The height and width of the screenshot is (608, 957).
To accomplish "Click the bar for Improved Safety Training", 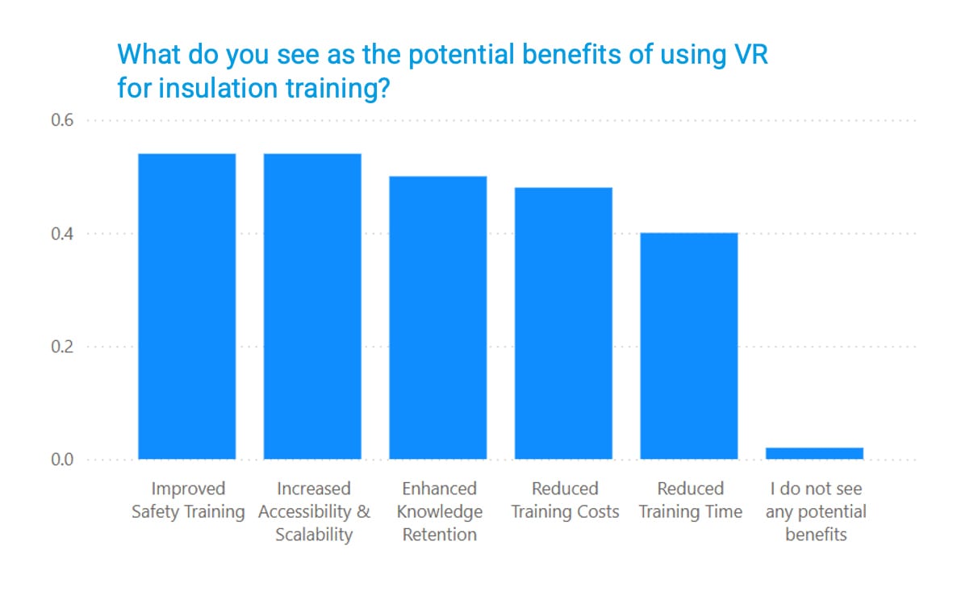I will [187, 306].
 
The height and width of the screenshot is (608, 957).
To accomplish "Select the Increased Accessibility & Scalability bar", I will [312, 306].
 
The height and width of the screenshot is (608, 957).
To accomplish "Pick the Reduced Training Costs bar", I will [563, 323].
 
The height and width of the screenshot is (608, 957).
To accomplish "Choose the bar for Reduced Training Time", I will [689, 346].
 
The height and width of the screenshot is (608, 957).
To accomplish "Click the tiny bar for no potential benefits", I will [814, 453].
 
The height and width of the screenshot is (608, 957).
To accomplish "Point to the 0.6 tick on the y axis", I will [62, 121].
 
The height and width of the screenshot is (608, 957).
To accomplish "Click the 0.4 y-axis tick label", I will [62, 234].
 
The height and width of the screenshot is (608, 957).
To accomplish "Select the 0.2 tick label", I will [62, 348].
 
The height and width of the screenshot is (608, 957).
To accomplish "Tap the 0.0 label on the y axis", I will [62, 460].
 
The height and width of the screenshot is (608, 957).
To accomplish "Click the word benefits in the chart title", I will [556, 56].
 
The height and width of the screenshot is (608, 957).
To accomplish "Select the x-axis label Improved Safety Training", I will [188, 500].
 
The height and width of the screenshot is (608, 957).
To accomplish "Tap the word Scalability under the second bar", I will [314, 535].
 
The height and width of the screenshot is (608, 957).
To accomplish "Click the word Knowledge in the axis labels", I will [440, 512].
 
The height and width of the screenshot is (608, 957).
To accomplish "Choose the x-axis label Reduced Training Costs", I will [565, 500].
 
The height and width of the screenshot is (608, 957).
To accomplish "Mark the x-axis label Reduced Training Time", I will [690, 500].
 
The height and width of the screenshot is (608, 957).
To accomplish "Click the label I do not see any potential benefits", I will [815, 511].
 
